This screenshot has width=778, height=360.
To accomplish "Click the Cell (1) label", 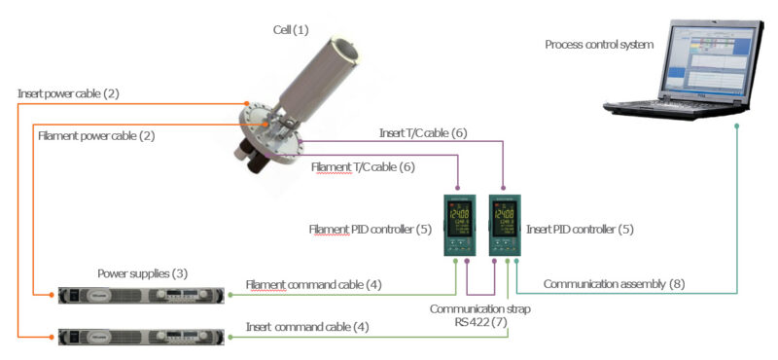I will pos(290,30).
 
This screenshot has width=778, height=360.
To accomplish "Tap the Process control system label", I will pos(599,44).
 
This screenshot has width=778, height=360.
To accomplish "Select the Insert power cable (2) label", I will pos(82,94).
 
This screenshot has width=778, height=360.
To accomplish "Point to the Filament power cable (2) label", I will pos(96,135).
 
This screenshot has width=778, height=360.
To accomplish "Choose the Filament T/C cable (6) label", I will pos(363,167).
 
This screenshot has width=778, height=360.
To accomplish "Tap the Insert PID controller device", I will pos(505,225).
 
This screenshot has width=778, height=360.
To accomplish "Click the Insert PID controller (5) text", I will pos(580,230).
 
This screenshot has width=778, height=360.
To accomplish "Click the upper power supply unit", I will pos(142,294).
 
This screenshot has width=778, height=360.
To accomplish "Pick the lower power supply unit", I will pos(142,337).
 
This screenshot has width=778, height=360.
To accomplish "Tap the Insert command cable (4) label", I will pos(307,327).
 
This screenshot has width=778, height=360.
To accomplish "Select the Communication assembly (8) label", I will pos(613,284).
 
